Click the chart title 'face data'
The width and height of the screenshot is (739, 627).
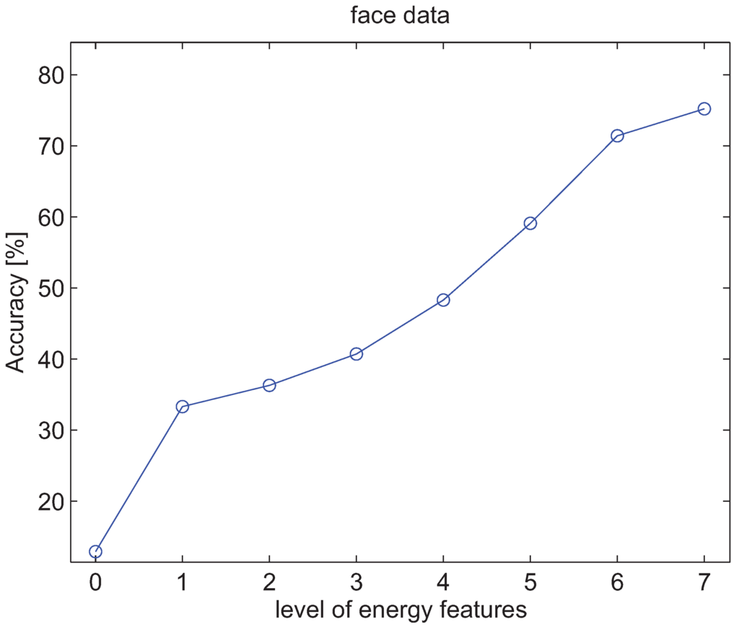400,16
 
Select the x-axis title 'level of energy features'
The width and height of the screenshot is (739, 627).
401,609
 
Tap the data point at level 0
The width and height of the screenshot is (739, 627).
95,552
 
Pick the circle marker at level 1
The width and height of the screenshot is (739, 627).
182,407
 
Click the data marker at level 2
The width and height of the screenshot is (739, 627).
269,385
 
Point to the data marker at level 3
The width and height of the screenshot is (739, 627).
356,354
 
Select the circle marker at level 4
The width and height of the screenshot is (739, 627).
443,300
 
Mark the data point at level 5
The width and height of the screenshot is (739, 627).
530,223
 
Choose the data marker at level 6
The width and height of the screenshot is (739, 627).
617,136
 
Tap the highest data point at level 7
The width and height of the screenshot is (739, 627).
704,108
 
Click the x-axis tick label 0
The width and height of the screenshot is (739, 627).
95,581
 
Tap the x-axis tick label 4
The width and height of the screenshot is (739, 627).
443,581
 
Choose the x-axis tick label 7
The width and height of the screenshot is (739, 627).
704,581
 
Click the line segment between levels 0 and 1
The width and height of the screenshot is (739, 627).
139,479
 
